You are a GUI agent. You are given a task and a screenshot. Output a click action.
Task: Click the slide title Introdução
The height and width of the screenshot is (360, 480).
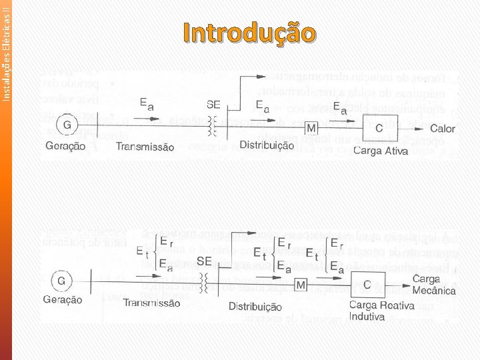pyautogui.click(x=247, y=33)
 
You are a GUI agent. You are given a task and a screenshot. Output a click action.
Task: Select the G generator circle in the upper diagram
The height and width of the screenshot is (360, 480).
pyautogui.click(x=67, y=125)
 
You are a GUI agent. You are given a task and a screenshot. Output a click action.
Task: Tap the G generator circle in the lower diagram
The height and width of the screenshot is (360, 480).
pyautogui.click(x=62, y=281)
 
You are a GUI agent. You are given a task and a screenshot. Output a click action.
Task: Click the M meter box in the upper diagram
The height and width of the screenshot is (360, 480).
pyautogui.click(x=311, y=127)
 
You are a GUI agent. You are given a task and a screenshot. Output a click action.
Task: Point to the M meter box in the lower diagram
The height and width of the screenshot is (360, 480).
pyautogui.click(x=301, y=285)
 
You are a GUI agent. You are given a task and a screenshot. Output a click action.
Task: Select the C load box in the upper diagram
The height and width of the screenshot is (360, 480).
pyautogui.click(x=379, y=127)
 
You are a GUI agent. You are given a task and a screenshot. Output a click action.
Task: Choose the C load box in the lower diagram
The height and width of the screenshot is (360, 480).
pyautogui.click(x=367, y=283)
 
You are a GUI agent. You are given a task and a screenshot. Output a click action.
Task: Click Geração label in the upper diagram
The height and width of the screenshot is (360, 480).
pyautogui.click(x=65, y=147)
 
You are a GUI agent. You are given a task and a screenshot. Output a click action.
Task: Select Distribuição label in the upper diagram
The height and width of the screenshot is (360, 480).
pyautogui.click(x=267, y=145)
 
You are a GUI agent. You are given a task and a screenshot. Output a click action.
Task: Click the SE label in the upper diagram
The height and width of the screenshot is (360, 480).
pyautogui.click(x=214, y=105)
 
